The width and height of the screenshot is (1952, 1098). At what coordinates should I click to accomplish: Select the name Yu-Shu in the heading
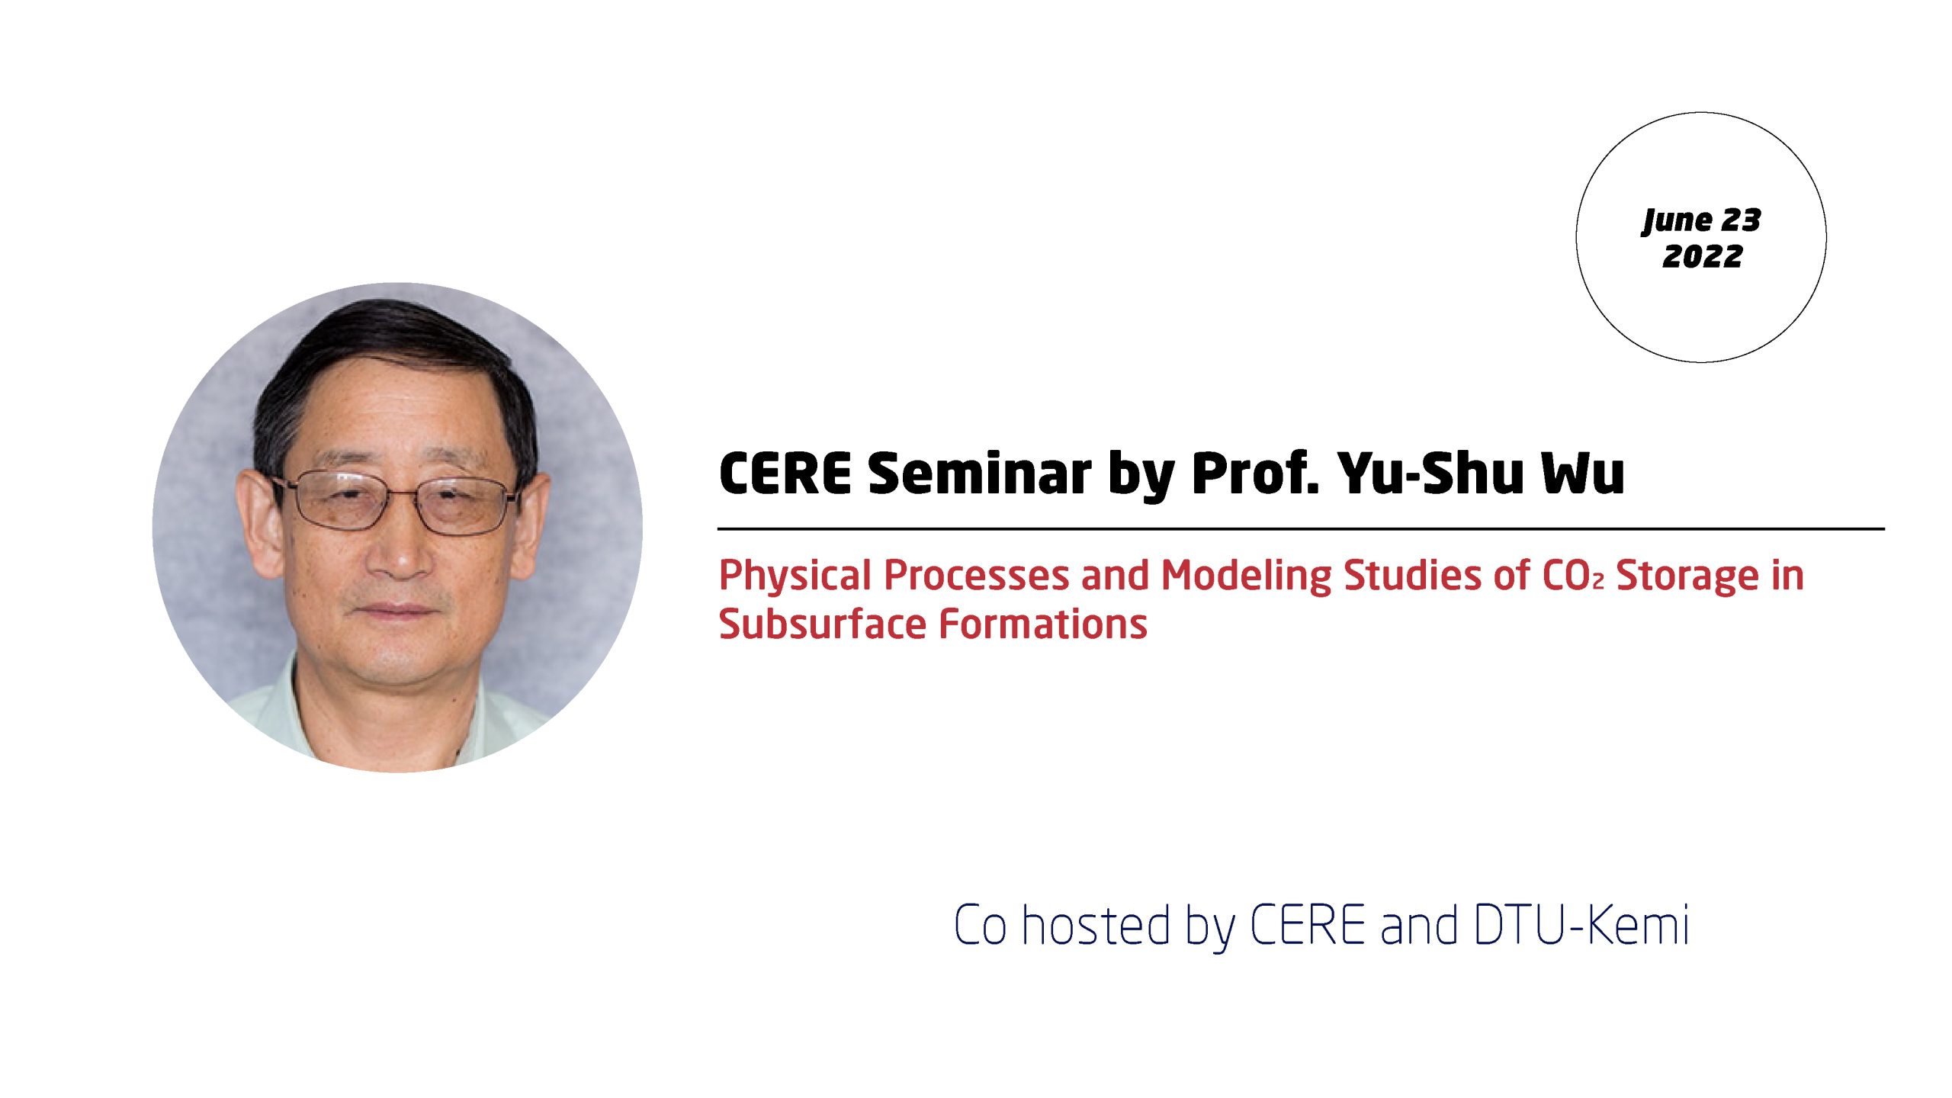(1431, 474)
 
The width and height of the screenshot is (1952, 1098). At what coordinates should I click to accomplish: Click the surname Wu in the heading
(1582, 474)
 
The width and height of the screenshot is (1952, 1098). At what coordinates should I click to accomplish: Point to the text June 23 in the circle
(1701, 220)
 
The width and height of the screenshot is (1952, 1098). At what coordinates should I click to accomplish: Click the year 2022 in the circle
(1702, 256)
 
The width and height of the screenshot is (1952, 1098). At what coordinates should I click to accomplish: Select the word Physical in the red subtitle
(795, 576)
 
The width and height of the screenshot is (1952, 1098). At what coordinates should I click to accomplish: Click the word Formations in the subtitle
(1042, 624)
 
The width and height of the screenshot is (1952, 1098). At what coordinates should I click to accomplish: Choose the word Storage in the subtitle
(1687, 575)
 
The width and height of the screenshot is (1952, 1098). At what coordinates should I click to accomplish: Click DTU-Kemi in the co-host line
(1582, 925)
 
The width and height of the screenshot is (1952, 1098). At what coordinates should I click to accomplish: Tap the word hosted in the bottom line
(1096, 925)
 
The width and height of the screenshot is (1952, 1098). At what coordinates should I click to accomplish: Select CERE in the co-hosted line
(1307, 925)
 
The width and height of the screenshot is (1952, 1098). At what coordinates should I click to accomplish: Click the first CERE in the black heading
(785, 474)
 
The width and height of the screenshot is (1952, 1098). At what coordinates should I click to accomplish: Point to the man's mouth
(394, 610)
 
